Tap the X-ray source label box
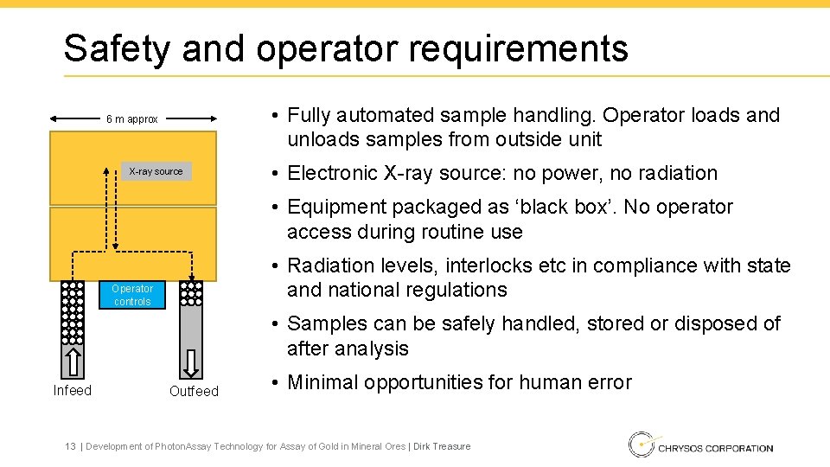click(156, 171)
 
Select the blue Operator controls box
click(132, 295)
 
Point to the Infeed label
click(72, 390)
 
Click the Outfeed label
click(194, 391)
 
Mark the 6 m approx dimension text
click(131, 119)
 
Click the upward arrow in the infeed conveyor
click(74, 359)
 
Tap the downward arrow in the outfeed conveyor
click(191, 359)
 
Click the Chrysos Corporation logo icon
click(641, 445)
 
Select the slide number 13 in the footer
click(70, 446)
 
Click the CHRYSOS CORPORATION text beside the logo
click(716, 447)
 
